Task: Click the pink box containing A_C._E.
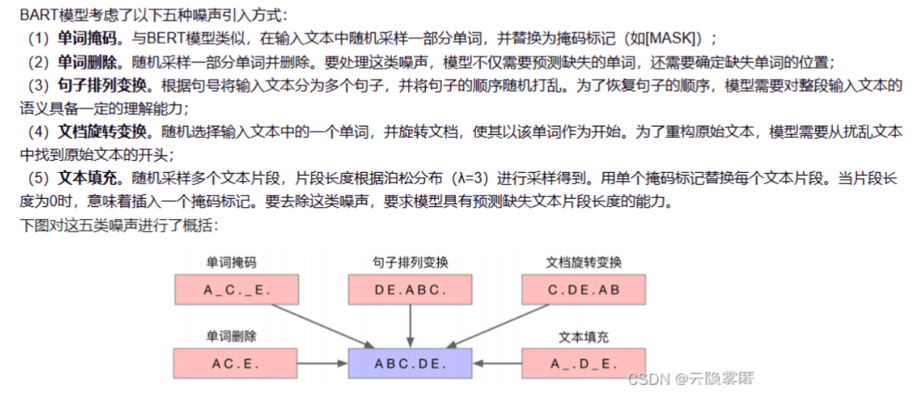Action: coord(237,290)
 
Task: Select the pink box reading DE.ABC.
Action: coord(411,290)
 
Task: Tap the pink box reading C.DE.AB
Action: coord(583,290)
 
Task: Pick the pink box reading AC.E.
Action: coord(237,363)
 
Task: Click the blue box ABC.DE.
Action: coord(410,363)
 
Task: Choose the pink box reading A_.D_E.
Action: coord(583,363)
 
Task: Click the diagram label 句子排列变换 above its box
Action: coord(411,263)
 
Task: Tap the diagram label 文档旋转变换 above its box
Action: coord(584,263)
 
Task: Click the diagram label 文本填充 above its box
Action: coord(584,336)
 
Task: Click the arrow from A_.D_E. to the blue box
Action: coord(496,363)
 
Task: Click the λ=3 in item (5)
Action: coord(472,180)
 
